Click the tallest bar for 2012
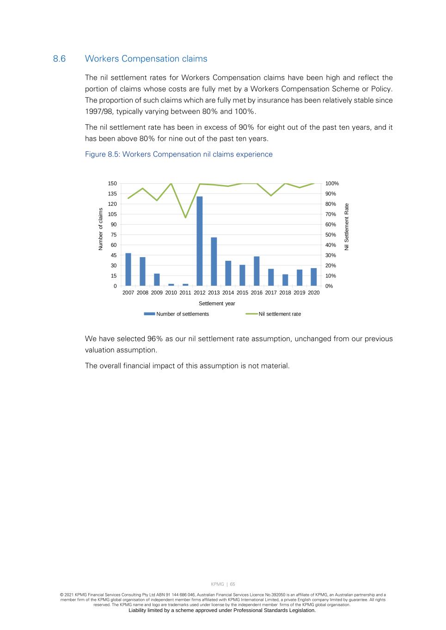pyautogui.click(x=200, y=241)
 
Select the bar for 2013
pyautogui.click(x=214, y=262)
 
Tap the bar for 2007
pyautogui.click(x=128, y=270)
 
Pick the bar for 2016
pyautogui.click(x=257, y=271)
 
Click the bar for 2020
pyautogui.click(x=314, y=277)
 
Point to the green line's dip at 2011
pyautogui.click(x=185, y=217)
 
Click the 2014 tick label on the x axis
pyautogui.click(x=228, y=293)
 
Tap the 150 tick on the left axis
pyautogui.click(x=112, y=184)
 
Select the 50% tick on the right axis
pyautogui.click(x=330, y=235)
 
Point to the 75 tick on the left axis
pyautogui.click(x=114, y=235)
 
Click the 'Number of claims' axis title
pyautogui.click(x=101, y=229)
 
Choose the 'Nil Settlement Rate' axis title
pyautogui.click(x=347, y=227)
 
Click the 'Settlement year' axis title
pyautogui.click(x=217, y=304)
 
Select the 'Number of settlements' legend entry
pyautogui.click(x=182, y=314)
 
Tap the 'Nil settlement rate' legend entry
pyautogui.click(x=279, y=314)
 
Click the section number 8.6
pyautogui.click(x=59, y=59)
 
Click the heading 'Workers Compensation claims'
pyautogui.click(x=146, y=59)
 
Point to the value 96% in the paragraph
pyautogui.click(x=155, y=339)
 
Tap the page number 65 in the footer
pyautogui.click(x=232, y=584)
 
